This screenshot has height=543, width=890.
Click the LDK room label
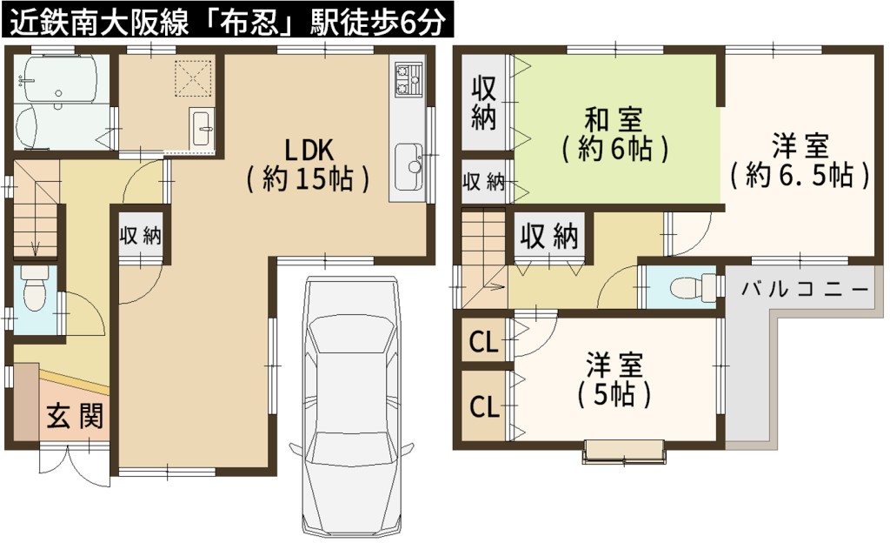coord(309,164)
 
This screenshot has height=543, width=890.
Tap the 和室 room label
coord(614,135)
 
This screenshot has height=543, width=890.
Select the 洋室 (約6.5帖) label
coord(800,160)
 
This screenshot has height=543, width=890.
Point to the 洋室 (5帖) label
coord(614,379)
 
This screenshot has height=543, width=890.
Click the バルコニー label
coord(805,290)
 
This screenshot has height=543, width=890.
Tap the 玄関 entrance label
coord(75,416)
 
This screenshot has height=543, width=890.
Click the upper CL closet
coord(483,343)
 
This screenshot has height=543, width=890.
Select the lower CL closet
coord(484,406)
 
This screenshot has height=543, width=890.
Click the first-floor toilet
coord(35,290)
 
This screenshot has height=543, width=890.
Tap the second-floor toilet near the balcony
coord(694,287)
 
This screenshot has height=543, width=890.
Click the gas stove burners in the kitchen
coord(408,79)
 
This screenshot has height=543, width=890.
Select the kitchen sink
coord(408,167)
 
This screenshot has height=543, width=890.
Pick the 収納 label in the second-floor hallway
coord(549,236)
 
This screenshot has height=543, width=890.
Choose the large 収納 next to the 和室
coord(483,102)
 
